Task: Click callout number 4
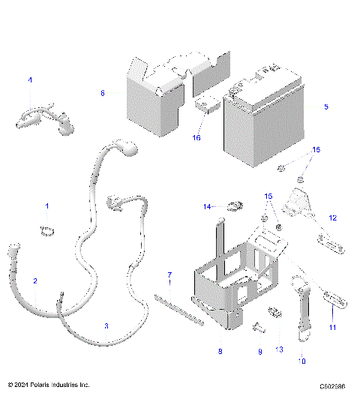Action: click(x=30, y=80)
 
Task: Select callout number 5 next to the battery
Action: click(x=325, y=107)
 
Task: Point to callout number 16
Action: click(x=197, y=138)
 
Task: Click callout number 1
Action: click(x=46, y=205)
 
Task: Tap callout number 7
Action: click(x=169, y=274)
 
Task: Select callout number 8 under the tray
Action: click(x=220, y=350)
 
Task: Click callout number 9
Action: click(x=260, y=350)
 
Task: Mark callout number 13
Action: click(x=280, y=350)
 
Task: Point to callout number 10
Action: click(x=302, y=361)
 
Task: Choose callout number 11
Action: click(x=333, y=328)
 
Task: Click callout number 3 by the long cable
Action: click(x=106, y=326)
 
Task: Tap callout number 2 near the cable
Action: click(x=34, y=280)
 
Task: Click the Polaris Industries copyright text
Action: click(x=49, y=385)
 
